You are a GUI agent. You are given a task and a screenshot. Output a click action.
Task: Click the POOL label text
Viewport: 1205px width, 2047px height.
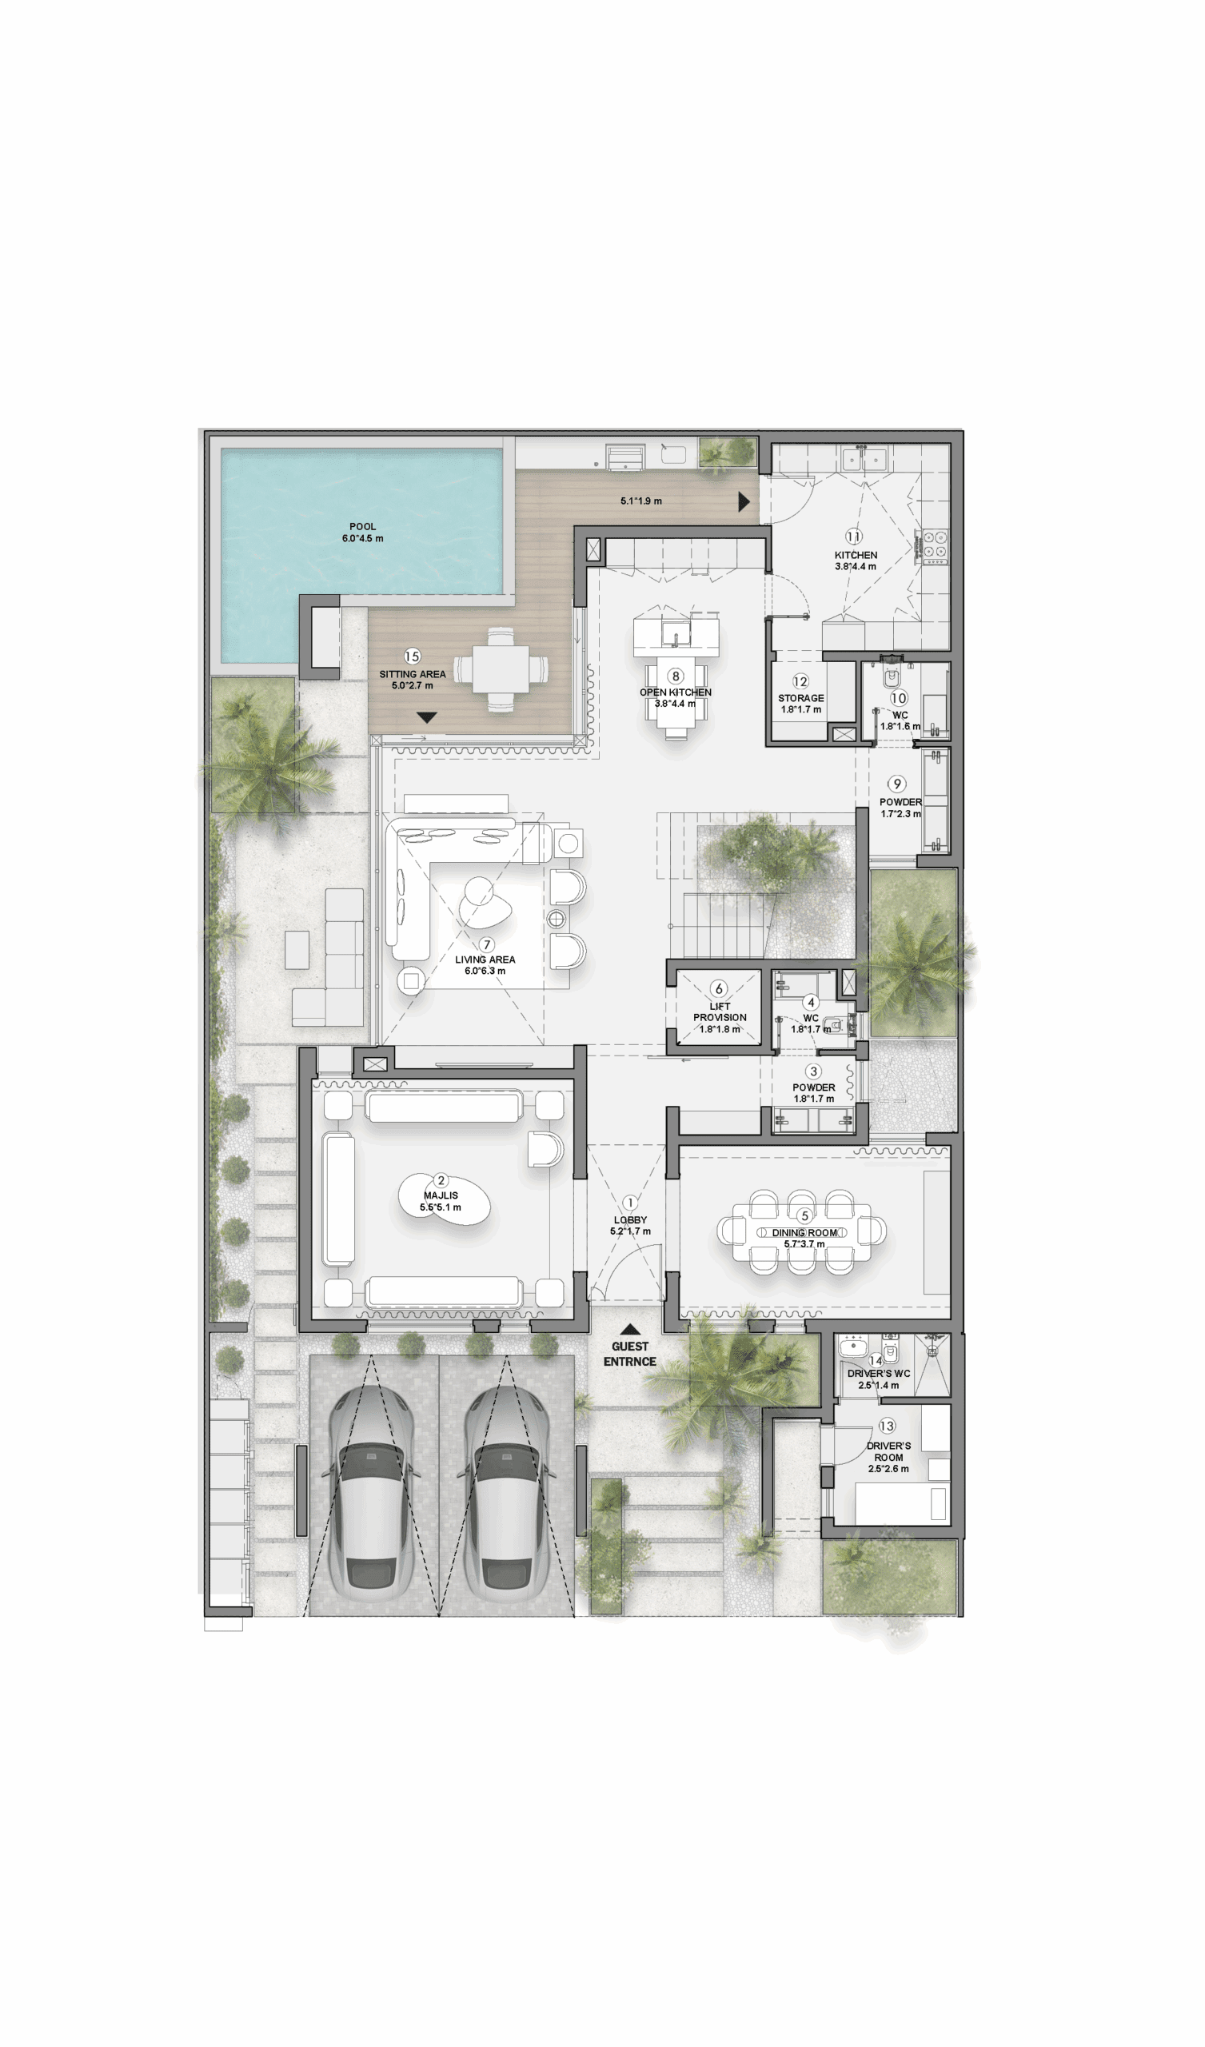pyautogui.click(x=362, y=526)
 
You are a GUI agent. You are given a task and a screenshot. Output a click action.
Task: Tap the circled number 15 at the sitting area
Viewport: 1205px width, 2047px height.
pyautogui.click(x=412, y=656)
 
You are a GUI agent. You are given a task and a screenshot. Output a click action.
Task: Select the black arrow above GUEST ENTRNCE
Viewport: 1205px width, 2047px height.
pyautogui.click(x=630, y=1330)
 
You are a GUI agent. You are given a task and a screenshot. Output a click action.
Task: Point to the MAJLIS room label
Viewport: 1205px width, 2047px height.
pyautogui.click(x=441, y=1195)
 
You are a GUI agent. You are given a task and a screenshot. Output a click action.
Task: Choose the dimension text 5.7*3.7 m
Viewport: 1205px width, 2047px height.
pyautogui.click(x=804, y=1243)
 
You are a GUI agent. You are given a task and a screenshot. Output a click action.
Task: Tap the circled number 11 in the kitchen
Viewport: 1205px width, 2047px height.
pyautogui.click(x=853, y=536)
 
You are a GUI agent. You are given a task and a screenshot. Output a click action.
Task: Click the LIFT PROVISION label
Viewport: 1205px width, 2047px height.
pyautogui.click(x=720, y=1012)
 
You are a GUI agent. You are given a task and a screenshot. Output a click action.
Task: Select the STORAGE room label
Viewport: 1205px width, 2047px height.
pyautogui.click(x=801, y=698)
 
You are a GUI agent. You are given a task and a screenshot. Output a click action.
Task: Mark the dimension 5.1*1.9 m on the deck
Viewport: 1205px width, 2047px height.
pyautogui.click(x=641, y=501)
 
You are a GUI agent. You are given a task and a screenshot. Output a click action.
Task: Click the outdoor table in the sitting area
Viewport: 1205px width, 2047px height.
pyautogui.click(x=501, y=670)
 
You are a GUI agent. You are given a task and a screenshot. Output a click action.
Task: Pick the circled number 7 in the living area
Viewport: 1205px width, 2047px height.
pyautogui.click(x=486, y=944)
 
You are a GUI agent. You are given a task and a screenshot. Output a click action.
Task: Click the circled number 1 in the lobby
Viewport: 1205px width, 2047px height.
pyautogui.click(x=630, y=1202)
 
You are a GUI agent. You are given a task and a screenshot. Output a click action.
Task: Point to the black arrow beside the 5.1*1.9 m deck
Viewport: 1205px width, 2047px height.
pyautogui.click(x=744, y=502)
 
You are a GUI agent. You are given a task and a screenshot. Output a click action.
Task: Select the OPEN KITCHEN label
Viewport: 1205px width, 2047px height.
pyautogui.click(x=675, y=692)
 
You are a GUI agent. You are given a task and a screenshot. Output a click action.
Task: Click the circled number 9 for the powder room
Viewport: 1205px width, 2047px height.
pyautogui.click(x=896, y=784)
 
